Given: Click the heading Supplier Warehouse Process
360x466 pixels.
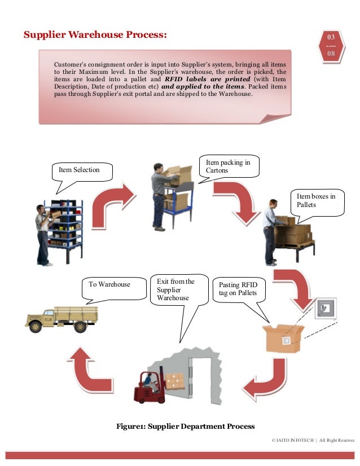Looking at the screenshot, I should click(x=95, y=36).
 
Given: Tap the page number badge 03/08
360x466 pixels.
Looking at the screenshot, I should click(x=331, y=46).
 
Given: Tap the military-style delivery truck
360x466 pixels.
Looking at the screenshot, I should click(x=61, y=319).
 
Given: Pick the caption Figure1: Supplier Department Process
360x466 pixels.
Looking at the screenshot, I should click(x=185, y=426).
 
